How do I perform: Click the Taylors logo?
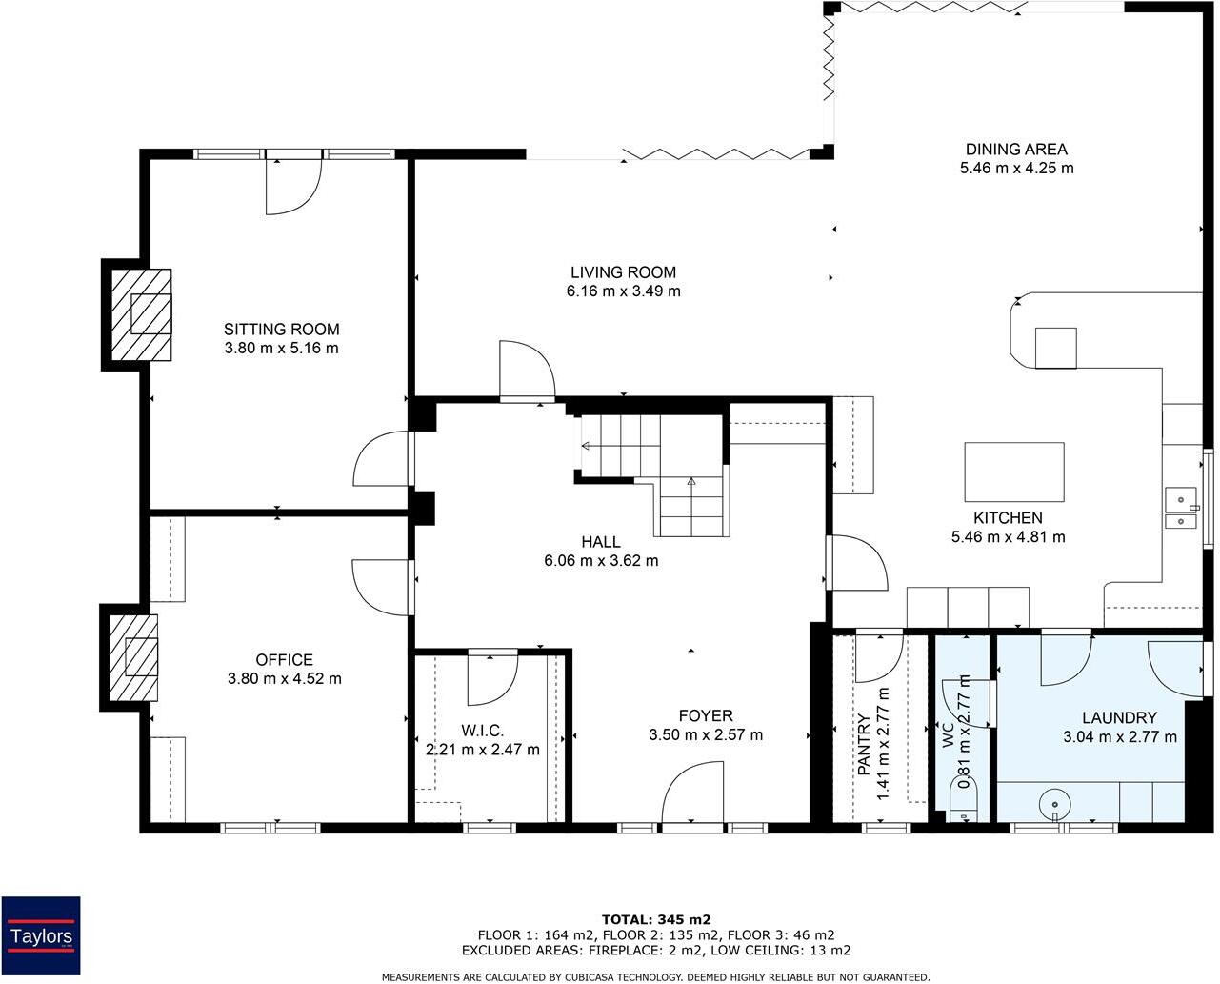(41, 935)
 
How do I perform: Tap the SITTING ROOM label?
(281, 329)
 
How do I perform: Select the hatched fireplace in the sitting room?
(141, 314)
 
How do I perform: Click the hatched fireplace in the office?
(133, 658)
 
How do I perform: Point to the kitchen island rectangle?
(1014, 472)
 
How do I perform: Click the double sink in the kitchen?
(1182, 508)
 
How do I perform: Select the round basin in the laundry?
(1054, 804)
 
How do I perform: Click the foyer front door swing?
(692, 794)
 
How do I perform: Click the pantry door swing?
(879, 658)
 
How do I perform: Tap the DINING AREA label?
(1016, 150)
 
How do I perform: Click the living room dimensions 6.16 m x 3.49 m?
(623, 291)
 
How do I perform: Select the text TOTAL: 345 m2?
(656, 919)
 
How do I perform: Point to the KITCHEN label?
(1008, 518)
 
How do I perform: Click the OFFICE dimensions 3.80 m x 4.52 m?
(285, 678)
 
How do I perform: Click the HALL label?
(601, 542)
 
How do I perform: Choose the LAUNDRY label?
(1120, 717)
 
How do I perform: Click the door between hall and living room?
(528, 372)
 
